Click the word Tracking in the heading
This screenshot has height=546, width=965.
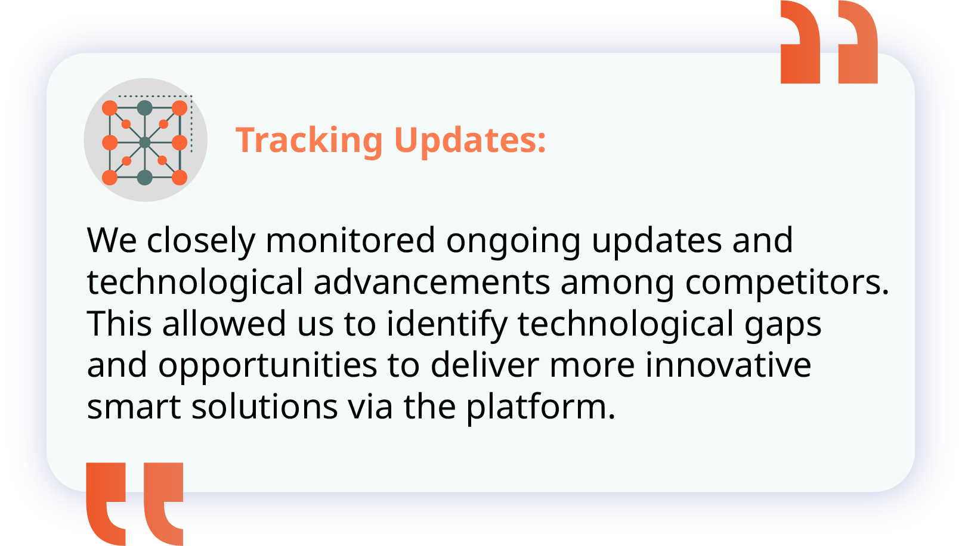coord(309,141)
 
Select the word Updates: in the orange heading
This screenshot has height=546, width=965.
coord(470,141)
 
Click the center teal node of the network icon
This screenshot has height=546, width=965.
coord(145,142)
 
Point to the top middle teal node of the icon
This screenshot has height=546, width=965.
coord(145,108)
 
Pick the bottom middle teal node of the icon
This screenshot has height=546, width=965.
coord(145,177)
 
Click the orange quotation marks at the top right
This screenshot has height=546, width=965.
coord(829,42)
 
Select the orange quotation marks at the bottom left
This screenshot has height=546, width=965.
coord(135,504)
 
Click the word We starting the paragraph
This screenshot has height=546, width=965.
coord(112,240)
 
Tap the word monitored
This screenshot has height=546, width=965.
coord(350,240)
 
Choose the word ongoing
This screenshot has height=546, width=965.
coord(514,243)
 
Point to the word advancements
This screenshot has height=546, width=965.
coord(432,282)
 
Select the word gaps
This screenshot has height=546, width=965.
coord(783,328)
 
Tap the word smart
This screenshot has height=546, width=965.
coord(134,407)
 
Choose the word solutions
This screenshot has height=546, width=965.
coord(265,406)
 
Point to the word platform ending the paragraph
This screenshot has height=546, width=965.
coord(541,408)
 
